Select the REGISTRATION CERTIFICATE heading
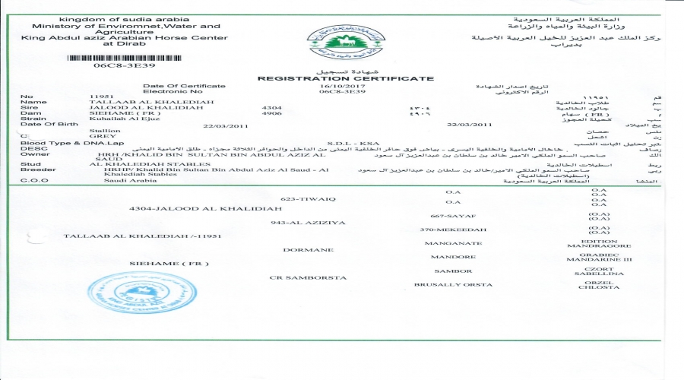pyautogui.click(x=346, y=78)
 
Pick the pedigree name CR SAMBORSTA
pyautogui.click(x=299, y=277)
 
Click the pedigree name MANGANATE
pyautogui.click(x=453, y=243)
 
